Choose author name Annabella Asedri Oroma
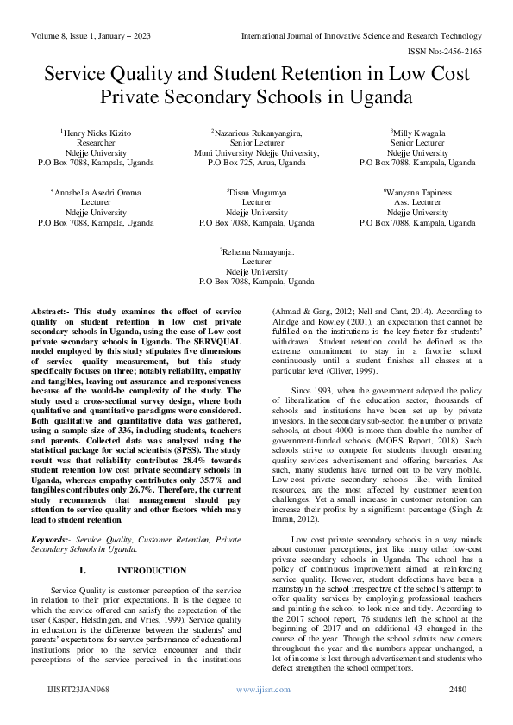click(96, 192)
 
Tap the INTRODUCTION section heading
click(151, 547)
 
